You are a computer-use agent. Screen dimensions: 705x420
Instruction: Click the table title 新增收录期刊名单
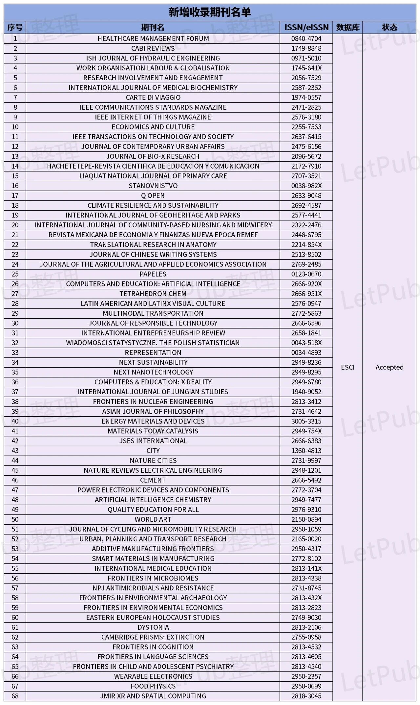pos(210,12)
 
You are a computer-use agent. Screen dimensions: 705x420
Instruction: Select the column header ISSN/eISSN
pos(306,28)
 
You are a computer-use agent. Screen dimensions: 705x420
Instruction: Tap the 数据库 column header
pos(347,28)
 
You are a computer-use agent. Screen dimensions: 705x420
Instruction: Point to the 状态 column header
pos(389,28)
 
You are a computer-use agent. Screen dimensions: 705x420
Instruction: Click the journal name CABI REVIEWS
pos(153,49)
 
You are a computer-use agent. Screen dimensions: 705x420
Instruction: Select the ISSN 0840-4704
pos(306,39)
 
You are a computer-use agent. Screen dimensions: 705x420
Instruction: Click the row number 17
pos(15,196)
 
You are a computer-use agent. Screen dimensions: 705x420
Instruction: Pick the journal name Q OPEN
pos(153,196)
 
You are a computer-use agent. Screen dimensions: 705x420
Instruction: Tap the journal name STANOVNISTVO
pos(153,186)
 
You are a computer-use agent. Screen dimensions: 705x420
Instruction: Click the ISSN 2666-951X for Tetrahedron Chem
pos(306,294)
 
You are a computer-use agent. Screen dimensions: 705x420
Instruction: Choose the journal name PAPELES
pos(153,274)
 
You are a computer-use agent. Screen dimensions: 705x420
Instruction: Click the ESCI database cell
pos(347,367)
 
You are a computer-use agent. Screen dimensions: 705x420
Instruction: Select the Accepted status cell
pos(389,367)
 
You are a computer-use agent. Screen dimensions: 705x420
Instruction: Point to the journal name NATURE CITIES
pos(153,461)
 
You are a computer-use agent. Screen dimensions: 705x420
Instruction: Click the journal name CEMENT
pos(153,480)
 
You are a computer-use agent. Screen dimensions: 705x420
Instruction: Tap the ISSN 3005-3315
pos(306,421)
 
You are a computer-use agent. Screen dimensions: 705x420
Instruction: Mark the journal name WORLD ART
pos(153,519)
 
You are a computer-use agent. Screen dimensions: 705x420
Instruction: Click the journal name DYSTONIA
pos(153,627)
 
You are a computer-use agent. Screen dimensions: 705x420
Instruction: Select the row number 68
pos(15,696)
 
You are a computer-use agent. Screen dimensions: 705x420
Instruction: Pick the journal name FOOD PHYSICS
pos(153,686)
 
